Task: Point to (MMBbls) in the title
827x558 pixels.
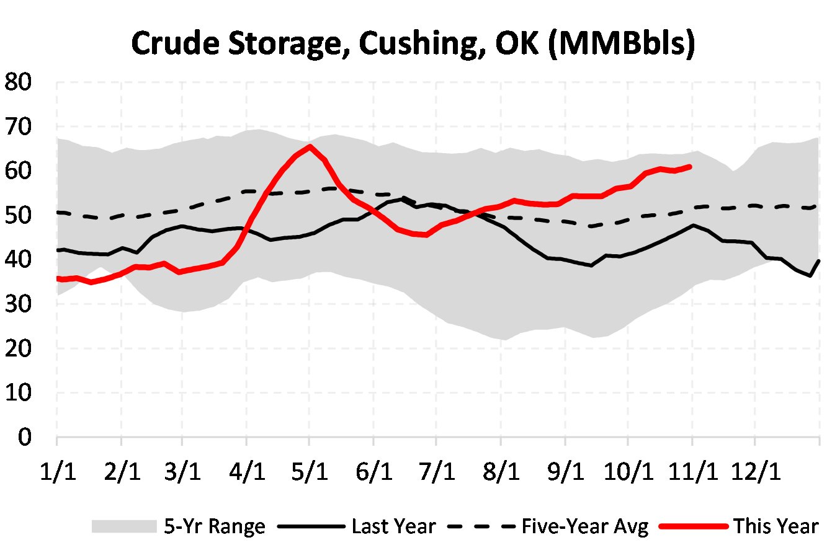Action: click(x=622, y=44)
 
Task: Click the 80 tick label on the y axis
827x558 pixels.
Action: click(x=18, y=82)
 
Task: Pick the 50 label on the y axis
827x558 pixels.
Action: click(x=18, y=216)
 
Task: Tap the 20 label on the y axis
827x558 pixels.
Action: click(x=18, y=348)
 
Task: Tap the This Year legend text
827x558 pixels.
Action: click(x=776, y=526)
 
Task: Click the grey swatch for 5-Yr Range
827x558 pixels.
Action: click(x=123, y=526)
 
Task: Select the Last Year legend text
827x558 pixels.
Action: click(x=393, y=526)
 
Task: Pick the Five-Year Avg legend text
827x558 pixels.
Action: click(x=584, y=526)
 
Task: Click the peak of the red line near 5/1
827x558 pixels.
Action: click(x=310, y=146)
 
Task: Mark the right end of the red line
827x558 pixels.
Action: click(x=690, y=166)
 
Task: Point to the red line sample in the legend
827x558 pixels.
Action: click(x=693, y=526)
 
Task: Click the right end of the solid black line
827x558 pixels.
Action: click(x=820, y=261)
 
